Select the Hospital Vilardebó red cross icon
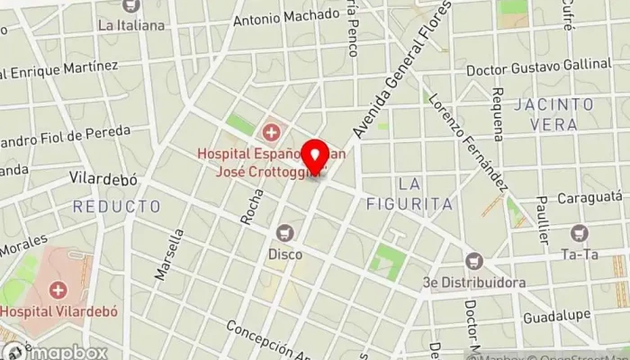click(x=58, y=290)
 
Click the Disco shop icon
click(x=284, y=233)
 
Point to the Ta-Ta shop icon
click(x=579, y=233)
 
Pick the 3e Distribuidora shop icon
click(x=474, y=261)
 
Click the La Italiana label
click(x=131, y=25)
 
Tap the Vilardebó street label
click(x=103, y=178)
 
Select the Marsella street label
click(x=169, y=254)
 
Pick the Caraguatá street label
click(x=590, y=195)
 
